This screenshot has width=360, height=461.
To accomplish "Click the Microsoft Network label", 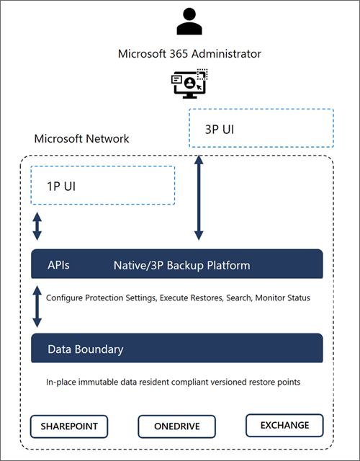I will (x=82, y=138).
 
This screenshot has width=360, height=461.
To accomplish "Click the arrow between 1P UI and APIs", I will (x=37, y=226).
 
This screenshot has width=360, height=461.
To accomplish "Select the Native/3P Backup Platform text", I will (x=181, y=266).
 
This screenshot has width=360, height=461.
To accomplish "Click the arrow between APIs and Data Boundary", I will (x=37, y=307).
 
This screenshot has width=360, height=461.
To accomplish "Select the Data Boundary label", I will (x=85, y=349).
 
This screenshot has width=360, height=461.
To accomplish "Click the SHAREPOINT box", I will (x=69, y=426).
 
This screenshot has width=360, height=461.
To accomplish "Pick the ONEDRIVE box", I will (x=176, y=426).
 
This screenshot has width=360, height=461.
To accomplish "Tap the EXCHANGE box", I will (x=284, y=425).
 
